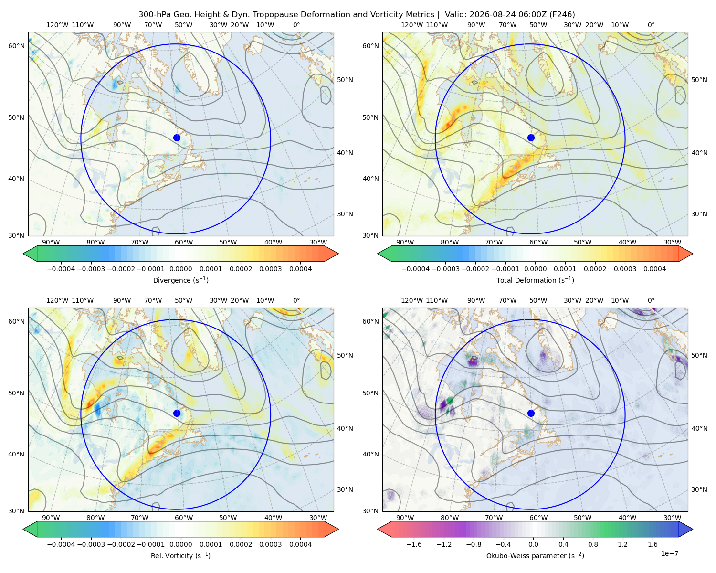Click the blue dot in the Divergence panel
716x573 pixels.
click(x=177, y=138)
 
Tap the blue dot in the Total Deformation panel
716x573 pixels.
click(x=531, y=138)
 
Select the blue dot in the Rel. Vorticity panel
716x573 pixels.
click(x=177, y=413)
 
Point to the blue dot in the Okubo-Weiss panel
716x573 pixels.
click(x=531, y=413)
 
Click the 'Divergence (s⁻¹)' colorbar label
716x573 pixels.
click(x=180, y=280)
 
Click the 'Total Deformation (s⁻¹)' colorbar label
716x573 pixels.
click(x=535, y=280)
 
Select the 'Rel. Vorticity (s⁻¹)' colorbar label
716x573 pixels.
click(x=180, y=555)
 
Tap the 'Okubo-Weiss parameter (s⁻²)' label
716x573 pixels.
click(x=535, y=555)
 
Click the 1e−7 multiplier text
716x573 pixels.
click(x=669, y=553)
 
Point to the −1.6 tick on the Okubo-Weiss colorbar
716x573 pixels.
click(x=414, y=544)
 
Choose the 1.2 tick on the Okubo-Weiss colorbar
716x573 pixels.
click(x=622, y=544)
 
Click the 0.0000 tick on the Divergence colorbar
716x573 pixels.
click(x=180, y=269)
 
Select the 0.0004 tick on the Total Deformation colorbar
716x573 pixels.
click(x=654, y=269)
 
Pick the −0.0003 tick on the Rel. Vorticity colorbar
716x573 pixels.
click(x=91, y=544)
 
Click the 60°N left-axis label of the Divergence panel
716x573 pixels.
click(x=16, y=46)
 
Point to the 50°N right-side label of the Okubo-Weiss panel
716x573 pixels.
click(x=699, y=355)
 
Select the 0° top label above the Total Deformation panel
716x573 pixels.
click(x=651, y=25)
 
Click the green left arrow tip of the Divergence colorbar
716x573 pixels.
click(x=23, y=254)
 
